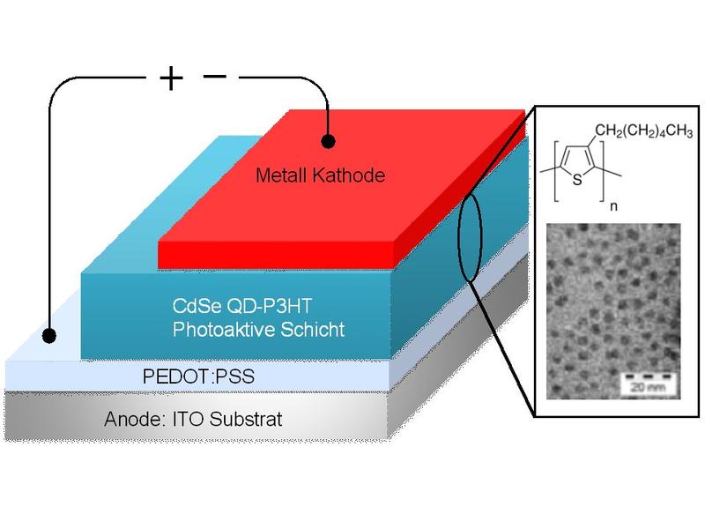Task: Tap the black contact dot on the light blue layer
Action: [x=49, y=335]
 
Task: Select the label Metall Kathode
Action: [x=320, y=176]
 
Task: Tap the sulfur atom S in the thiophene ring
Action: [x=575, y=181]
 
